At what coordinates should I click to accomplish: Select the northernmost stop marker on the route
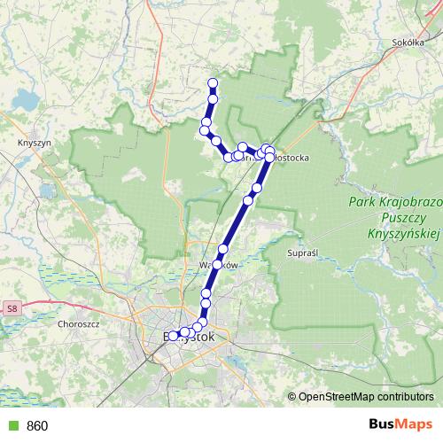pyautogui.click(x=213, y=84)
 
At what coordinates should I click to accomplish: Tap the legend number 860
pyautogui.click(x=38, y=426)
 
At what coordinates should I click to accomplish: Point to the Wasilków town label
pyautogui.click(x=219, y=264)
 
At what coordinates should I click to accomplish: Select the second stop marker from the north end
pyautogui.click(x=213, y=99)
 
